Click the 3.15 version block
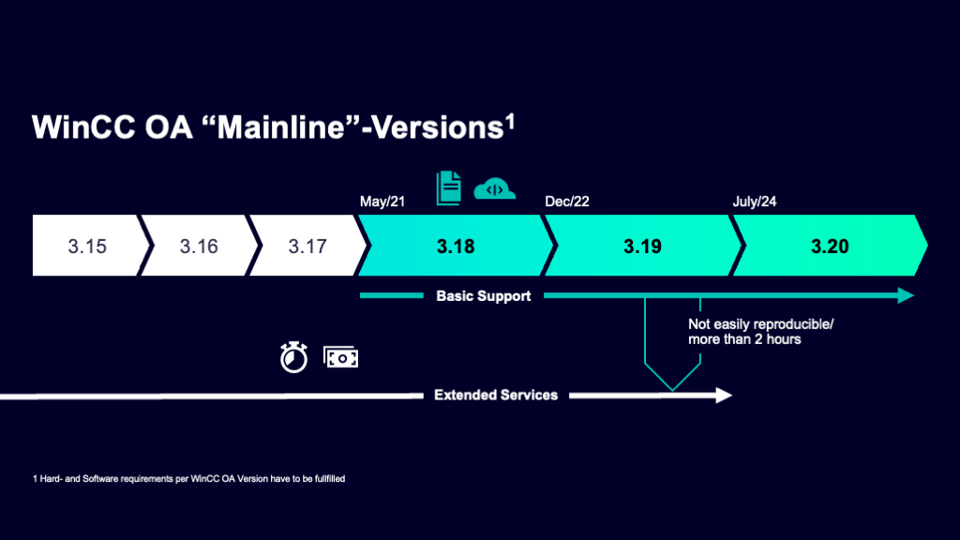click(86, 247)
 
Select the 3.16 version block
click(198, 247)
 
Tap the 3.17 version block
click(307, 247)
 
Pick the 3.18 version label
click(456, 247)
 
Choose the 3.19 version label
click(642, 247)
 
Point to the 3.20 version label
click(830, 247)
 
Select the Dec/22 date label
click(567, 202)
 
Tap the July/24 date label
click(755, 202)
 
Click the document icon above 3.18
click(449, 187)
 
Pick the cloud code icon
click(495, 189)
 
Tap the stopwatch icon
click(293, 357)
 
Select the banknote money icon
click(340, 357)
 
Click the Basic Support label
click(483, 296)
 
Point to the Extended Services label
click(495, 395)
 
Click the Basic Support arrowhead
click(906, 296)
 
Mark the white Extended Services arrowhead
click(724, 395)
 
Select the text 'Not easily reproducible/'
click(760, 323)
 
